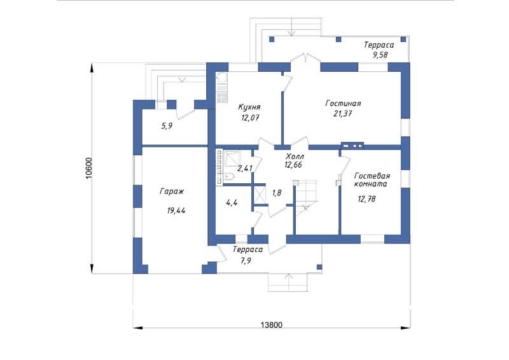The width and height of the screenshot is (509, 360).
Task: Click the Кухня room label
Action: click(249, 107)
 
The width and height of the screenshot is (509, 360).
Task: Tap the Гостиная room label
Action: click(343, 103)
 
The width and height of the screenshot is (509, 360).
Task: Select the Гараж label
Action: click(172, 191)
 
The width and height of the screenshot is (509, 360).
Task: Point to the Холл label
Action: click(295, 156)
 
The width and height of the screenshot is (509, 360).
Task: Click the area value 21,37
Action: click(343, 114)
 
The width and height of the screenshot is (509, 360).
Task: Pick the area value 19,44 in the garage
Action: click(176, 211)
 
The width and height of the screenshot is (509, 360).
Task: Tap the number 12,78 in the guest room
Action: click(367, 198)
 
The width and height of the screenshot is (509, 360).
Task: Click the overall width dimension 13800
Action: click(272, 324)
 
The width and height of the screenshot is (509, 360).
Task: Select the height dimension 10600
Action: click(88, 168)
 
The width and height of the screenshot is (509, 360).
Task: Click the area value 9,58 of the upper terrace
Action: click(380, 55)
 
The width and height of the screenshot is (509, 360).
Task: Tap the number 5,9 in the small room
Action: click(167, 126)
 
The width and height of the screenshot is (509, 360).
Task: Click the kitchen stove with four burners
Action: click(222, 97)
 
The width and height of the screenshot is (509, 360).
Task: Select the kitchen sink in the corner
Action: click(222, 78)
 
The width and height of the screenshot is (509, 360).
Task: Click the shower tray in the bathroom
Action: click(232, 159)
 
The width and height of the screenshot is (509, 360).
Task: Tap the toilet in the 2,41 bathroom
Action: click(229, 176)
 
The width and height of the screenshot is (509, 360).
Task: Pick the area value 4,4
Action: click(232, 203)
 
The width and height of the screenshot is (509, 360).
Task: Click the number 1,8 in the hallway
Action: click(277, 193)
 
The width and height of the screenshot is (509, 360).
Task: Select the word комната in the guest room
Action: click(370, 184)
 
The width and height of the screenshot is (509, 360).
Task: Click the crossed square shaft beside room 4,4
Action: click(260, 193)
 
